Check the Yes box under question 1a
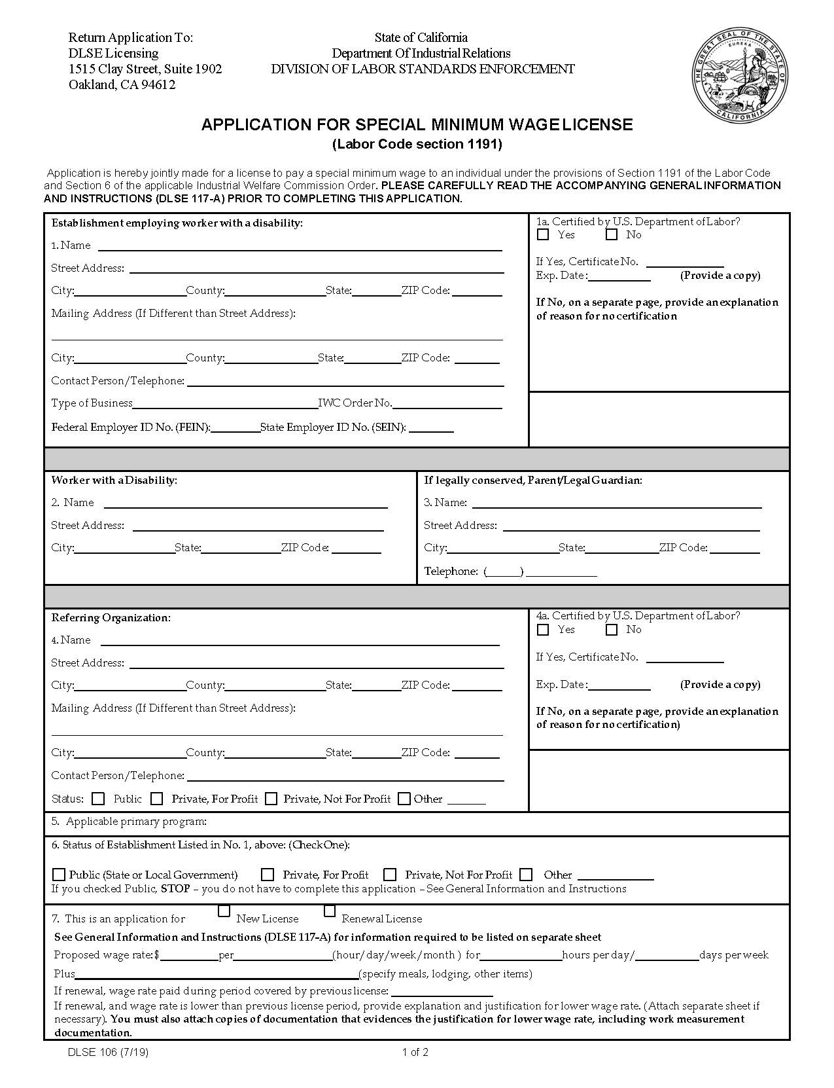click(542, 234)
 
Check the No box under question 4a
click(612, 630)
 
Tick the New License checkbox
click(224, 911)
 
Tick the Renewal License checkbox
click(330, 911)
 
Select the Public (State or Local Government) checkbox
click(59, 875)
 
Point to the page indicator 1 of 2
click(415, 1053)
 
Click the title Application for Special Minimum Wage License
click(417, 124)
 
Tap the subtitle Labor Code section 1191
click(417, 144)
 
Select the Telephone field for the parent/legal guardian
click(561, 571)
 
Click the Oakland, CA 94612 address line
click(122, 84)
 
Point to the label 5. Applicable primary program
click(129, 822)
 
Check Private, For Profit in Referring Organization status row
click(157, 799)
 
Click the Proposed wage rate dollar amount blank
click(188, 955)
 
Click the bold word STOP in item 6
click(175, 889)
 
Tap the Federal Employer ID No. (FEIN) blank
click(235, 427)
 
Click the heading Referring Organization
click(111, 618)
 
